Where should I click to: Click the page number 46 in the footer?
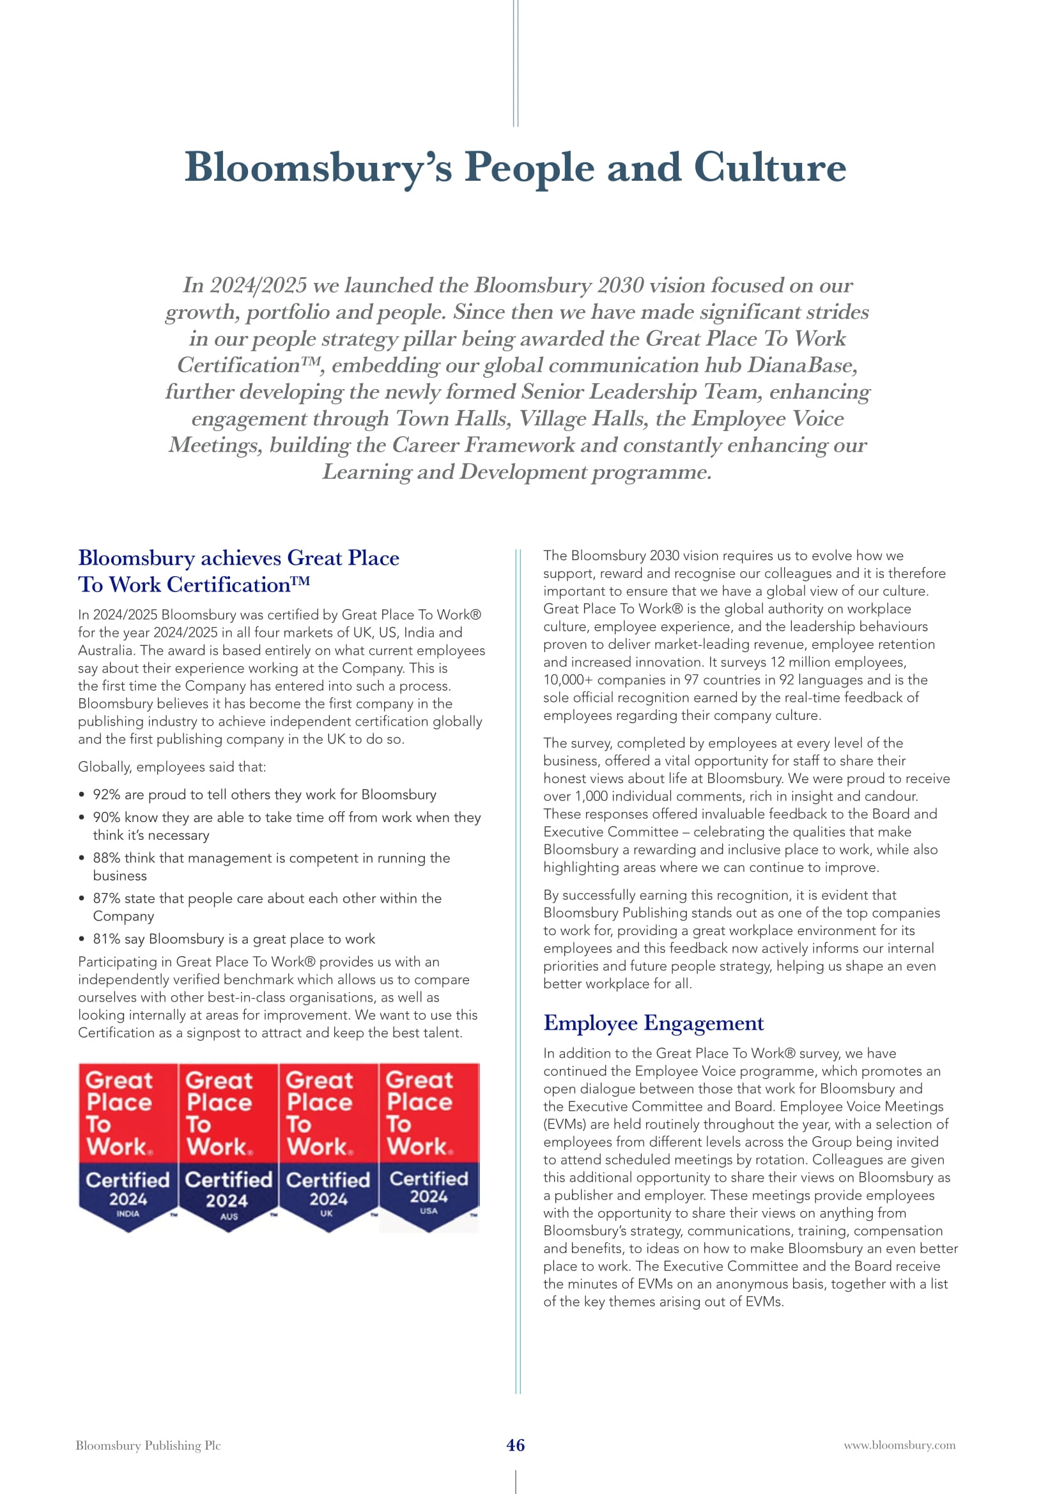coord(516,1445)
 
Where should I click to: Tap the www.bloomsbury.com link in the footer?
coord(900,1445)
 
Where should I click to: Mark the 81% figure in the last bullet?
coord(106,938)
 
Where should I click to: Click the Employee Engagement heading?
coord(654,1023)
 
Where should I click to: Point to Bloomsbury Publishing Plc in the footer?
coord(148,1445)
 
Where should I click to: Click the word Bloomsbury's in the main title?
coord(318,168)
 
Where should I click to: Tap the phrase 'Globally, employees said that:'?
coord(172,766)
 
